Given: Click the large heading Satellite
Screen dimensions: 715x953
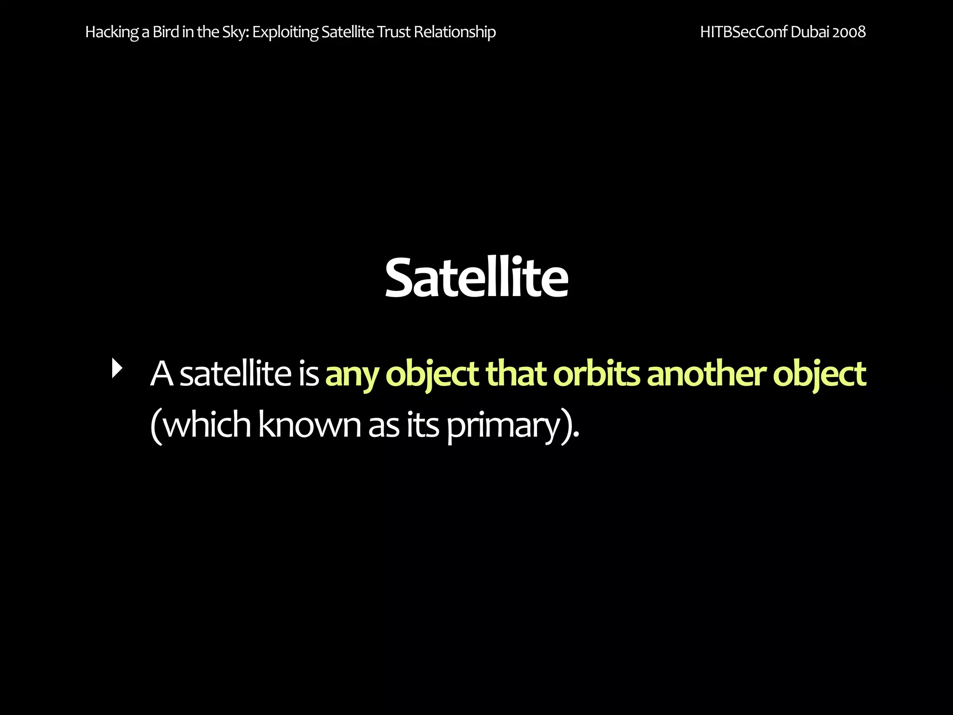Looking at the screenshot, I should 476,278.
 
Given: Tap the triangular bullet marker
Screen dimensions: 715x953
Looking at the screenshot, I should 117,368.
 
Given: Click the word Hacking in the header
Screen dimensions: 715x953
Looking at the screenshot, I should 112,32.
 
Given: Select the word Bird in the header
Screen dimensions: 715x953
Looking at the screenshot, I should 166,32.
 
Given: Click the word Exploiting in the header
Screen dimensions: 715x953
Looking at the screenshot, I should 285,32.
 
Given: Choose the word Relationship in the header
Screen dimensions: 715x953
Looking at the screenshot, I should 455,32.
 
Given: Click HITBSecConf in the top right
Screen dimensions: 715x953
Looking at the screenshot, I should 743,32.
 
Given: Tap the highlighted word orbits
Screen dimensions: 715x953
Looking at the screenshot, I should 597,374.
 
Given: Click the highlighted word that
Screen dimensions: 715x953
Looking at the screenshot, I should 516,374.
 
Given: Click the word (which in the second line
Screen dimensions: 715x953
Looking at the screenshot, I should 201,425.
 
